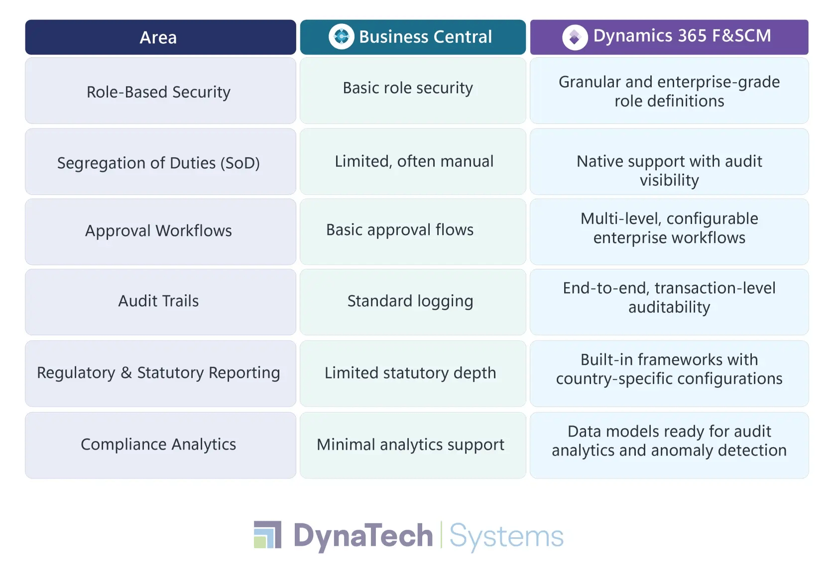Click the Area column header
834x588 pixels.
[158, 37]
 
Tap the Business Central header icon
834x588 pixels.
[341, 36]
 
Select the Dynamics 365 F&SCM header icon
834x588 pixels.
[575, 37]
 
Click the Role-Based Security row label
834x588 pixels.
[158, 92]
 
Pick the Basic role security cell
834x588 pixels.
[408, 88]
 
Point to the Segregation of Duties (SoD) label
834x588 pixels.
[158, 163]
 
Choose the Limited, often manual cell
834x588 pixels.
[414, 161]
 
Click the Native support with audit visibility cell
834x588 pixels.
[669, 170]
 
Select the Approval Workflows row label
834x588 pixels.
[158, 231]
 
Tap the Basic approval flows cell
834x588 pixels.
[400, 230]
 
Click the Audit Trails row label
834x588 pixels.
[158, 301]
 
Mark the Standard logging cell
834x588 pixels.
[410, 301]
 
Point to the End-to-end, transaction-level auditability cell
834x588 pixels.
[669, 297]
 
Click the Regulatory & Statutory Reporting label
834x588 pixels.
[158, 372]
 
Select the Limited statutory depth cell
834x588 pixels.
[410, 372]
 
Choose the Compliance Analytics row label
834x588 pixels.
[158, 444]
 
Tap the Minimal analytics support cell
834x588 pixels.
[410, 444]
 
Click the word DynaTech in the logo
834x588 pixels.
[363, 536]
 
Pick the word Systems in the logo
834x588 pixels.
[506, 536]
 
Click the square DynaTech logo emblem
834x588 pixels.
[268, 534]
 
